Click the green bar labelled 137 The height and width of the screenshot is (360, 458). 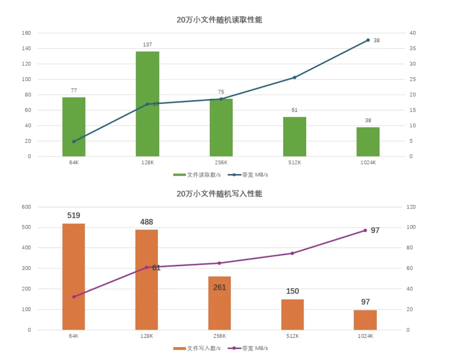pyautogui.click(x=147, y=104)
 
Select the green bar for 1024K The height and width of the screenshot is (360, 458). pyautogui.click(x=368, y=142)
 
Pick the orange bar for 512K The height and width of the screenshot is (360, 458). pyautogui.click(x=293, y=314)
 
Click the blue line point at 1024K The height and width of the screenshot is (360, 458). pyautogui.click(x=368, y=40)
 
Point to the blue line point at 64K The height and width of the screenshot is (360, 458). pyautogui.click(x=74, y=141)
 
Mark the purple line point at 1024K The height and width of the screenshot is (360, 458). pyautogui.click(x=365, y=230)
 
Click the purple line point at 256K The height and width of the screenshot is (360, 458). pyautogui.click(x=219, y=263)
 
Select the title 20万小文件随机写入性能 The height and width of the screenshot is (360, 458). pyautogui.click(x=219, y=194)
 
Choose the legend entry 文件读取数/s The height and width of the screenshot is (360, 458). pyautogui.click(x=197, y=174)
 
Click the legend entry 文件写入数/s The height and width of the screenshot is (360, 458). pyautogui.click(x=197, y=348)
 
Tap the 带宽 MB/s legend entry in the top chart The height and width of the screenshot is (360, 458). pyautogui.click(x=248, y=174)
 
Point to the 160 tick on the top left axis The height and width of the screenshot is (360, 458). pyautogui.click(x=26, y=33)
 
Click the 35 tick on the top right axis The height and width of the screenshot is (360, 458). pyautogui.click(x=412, y=49)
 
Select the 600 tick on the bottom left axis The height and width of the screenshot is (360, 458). pyautogui.click(x=26, y=207)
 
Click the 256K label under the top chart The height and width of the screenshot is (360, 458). pyautogui.click(x=221, y=163)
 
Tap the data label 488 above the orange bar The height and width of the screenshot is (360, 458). pyautogui.click(x=146, y=222)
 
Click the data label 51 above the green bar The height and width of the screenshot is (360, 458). pyautogui.click(x=294, y=110)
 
